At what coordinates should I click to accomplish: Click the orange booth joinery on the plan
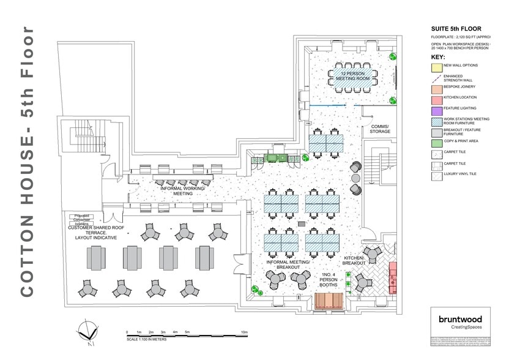[x=330, y=301]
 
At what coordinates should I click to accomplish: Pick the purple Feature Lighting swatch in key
[x=436, y=110]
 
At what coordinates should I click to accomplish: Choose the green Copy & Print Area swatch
[x=436, y=142]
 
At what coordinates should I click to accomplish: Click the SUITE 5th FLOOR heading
[x=456, y=29]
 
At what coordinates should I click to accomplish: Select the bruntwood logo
[x=460, y=319]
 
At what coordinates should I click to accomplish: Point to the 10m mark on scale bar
[x=243, y=332]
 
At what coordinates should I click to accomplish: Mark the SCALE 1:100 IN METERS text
[x=146, y=339]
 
